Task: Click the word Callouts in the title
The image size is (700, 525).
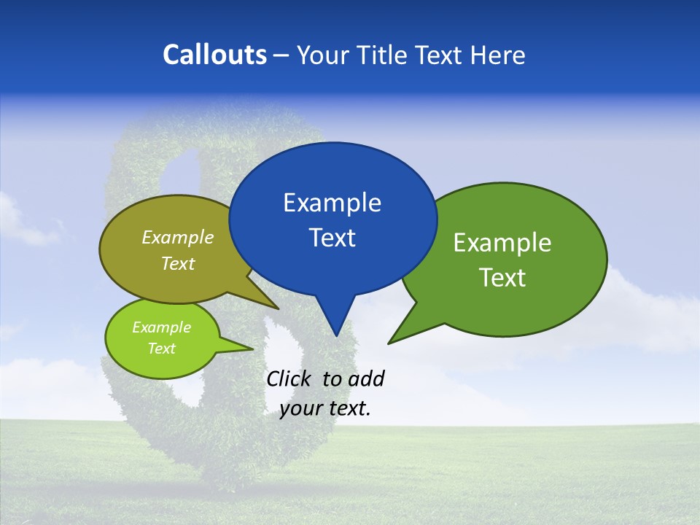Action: (214, 55)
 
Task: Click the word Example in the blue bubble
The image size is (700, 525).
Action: (332, 203)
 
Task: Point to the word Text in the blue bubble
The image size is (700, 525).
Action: (332, 238)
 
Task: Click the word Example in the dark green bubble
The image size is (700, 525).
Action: (502, 243)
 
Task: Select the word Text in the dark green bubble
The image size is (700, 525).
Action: (502, 278)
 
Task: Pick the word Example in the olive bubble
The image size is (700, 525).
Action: (178, 237)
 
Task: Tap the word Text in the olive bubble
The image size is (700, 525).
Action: (178, 263)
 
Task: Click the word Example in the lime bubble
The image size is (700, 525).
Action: (161, 327)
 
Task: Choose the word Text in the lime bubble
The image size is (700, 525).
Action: (161, 349)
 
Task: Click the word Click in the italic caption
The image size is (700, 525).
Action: (288, 378)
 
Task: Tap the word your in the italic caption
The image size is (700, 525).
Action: (300, 408)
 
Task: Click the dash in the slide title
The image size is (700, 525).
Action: (282, 55)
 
